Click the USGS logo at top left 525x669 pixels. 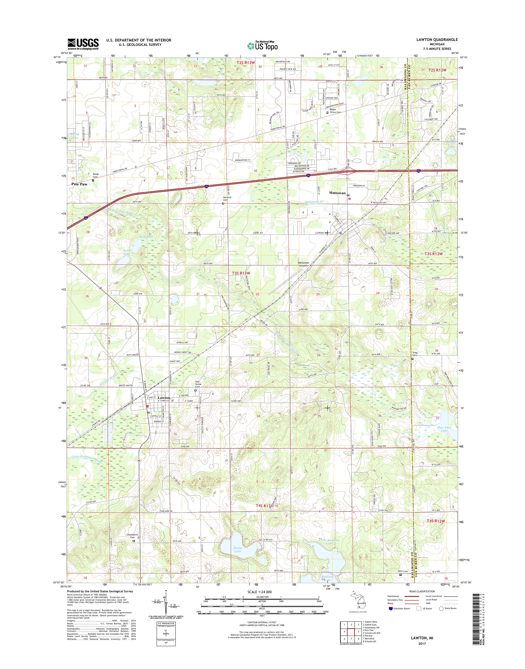tap(83, 44)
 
